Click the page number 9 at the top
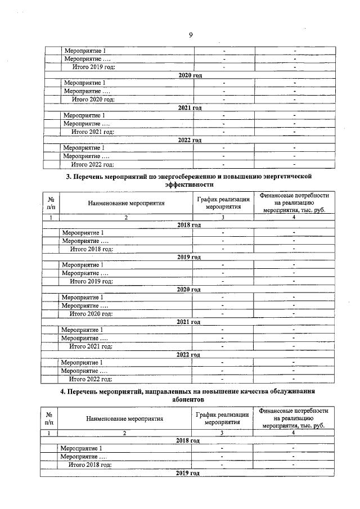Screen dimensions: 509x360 191,35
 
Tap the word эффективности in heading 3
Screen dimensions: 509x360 189,184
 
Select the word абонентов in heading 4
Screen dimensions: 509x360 188,399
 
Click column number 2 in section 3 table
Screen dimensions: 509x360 127,217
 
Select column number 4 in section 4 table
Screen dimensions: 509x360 293,433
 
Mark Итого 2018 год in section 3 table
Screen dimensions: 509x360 91,249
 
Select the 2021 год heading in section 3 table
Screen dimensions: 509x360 189,322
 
